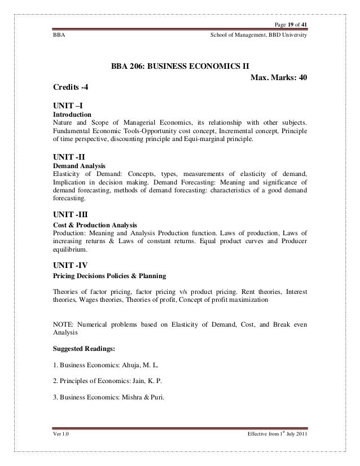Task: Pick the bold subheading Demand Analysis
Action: coord(76,168)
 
